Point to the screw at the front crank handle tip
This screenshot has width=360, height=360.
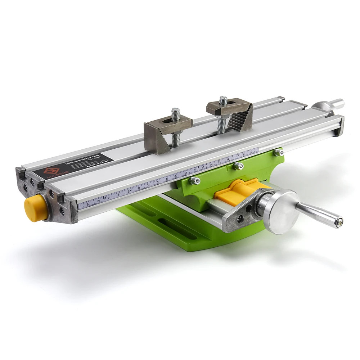pyautogui.click(x=338, y=222)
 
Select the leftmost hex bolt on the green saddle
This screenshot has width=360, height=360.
pyautogui.click(x=195, y=180)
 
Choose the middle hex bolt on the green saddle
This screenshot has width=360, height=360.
pyautogui.click(x=238, y=166)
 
